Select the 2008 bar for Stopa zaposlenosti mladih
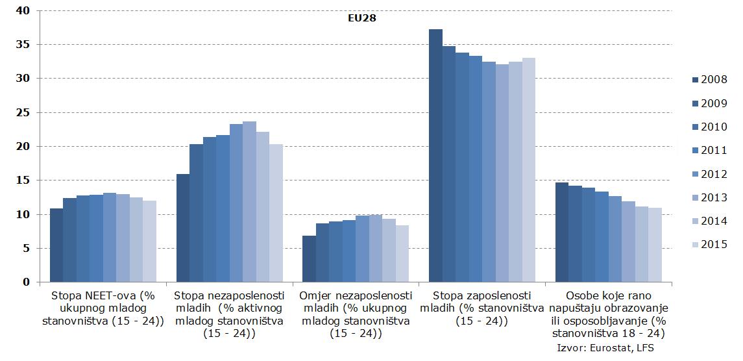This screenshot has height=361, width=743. [435, 156]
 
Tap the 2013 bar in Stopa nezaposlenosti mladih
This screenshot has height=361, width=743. [249, 202]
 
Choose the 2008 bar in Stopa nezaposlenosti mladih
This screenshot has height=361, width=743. [183, 228]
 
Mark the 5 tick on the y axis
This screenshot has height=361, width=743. [26, 248]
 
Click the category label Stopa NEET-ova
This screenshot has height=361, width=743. [103, 308]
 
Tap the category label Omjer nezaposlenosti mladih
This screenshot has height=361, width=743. [356, 314]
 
